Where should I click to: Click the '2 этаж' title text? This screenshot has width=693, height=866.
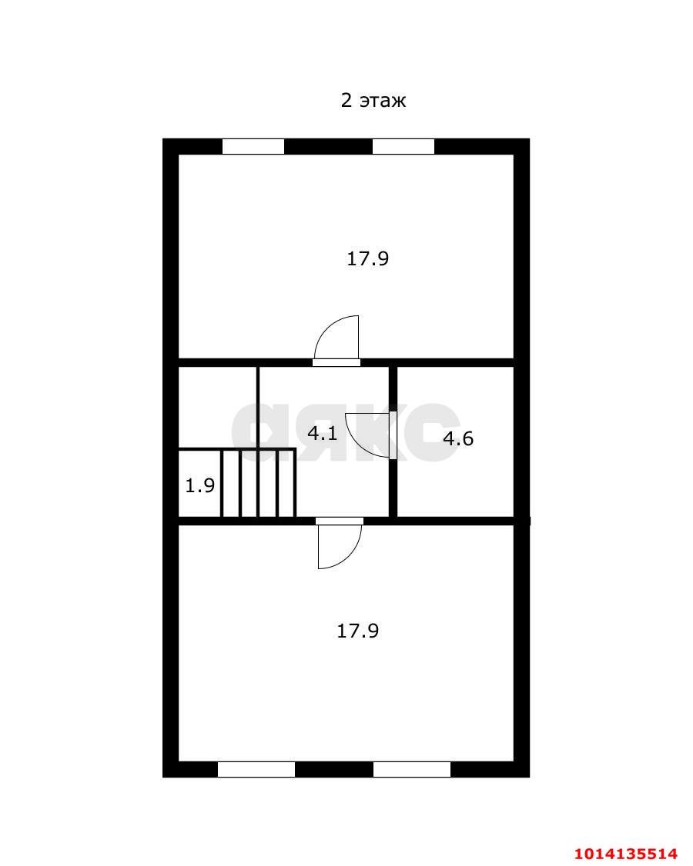pyautogui.click(x=373, y=101)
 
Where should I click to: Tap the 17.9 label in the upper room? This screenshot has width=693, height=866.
pyautogui.click(x=368, y=258)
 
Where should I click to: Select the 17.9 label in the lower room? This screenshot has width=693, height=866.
pyautogui.click(x=358, y=631)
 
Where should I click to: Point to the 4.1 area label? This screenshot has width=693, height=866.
pyautogui.click(x=323, y=433)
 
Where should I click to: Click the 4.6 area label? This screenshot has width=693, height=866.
pyautogui.click(x=458, y=438)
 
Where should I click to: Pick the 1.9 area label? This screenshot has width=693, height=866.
pyautogui.click(x=199, y=485)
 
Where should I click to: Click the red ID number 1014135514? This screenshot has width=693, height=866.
pyautogui.click(x=626, y=853)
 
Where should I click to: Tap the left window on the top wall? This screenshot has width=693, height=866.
pyautogui.click(x=253, y=146)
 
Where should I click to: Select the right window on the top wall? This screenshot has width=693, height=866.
pyautogui.click(x=403, y=146)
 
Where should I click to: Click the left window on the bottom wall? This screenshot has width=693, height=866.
pyautogui.click(x=256, y=769)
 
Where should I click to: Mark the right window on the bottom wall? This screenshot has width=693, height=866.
pyautogui.click(x=411, y=769)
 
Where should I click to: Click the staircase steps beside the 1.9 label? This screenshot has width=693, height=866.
pyautogui.click(x=259, y=483)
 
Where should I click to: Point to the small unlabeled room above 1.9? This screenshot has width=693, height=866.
pyautogui.click(x=218, y=407)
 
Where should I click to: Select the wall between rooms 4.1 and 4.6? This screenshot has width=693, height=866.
pyautogui.click(x=393, y=441)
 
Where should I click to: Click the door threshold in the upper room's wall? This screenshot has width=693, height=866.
pyautogui.click(x=336, y=363)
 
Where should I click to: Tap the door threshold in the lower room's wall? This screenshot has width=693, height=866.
pyautogui.click(x=340, y=521)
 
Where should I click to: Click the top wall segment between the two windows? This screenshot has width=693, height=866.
pyautogui.click(x=328, y=146)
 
